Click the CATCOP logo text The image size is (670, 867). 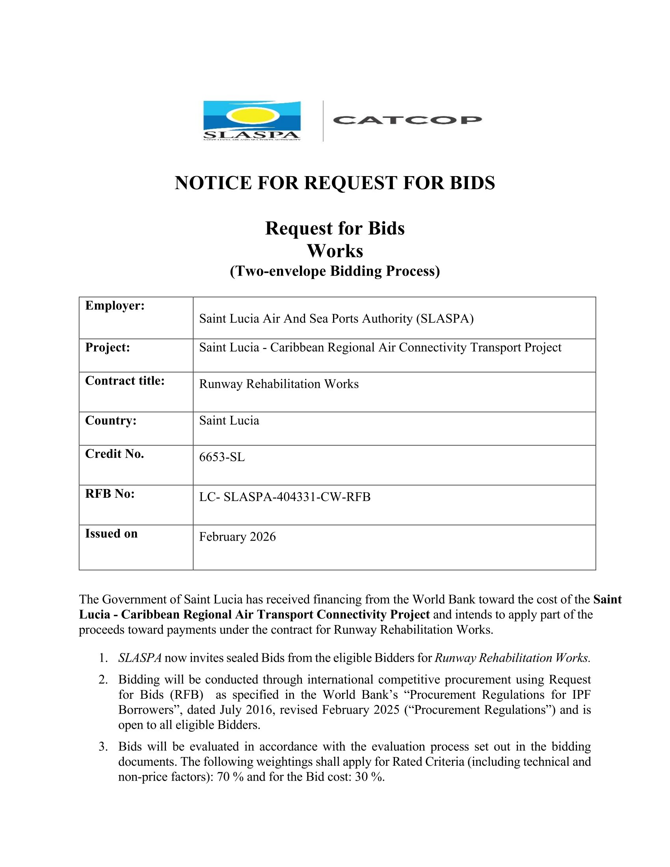(x=407, y=120)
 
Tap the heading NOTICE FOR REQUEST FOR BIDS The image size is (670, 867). (x=335, y=183)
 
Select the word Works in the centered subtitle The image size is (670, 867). (x=335, y=251)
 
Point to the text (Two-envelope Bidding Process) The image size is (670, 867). (x=335, y=271)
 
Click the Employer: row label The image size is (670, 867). (x=115, y=306)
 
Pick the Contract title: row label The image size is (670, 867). (x=125, y=381)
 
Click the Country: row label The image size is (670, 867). (x=111, y=420)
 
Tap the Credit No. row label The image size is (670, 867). (x=114, y=454)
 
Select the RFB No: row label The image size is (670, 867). (x=110, y=494)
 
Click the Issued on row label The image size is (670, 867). (x=111, y=534)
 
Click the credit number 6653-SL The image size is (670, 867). (x=222, y=457)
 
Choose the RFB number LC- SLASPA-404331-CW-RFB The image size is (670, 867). (x=285, y=497)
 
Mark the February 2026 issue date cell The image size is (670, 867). (x=237, y=537)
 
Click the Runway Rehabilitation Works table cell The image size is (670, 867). (x=279, y=384)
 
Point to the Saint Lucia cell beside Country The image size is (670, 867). (x=229, y=421)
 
